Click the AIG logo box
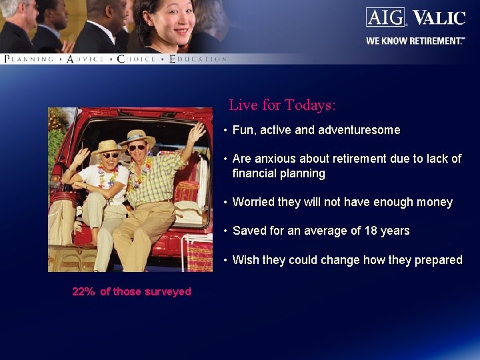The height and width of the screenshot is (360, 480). click(386, 17)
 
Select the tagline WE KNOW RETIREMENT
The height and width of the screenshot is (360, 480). click(415, 41)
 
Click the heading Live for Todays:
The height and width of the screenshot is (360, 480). click(282, 105)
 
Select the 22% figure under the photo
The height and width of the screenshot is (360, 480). click(83, 291)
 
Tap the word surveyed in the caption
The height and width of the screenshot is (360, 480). click(167, 291)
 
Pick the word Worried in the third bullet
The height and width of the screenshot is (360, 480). click(253, 202)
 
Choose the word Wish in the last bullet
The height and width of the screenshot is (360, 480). click(245, 260)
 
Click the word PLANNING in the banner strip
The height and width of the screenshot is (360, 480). click(29, 59)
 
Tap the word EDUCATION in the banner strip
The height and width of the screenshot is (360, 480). click(198, 59)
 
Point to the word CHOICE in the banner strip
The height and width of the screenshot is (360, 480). click(136, 59)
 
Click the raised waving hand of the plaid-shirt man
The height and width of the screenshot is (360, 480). click(195, 131)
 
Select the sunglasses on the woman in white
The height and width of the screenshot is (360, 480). click(110, 155)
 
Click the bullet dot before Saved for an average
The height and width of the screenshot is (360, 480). click(227, 231)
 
